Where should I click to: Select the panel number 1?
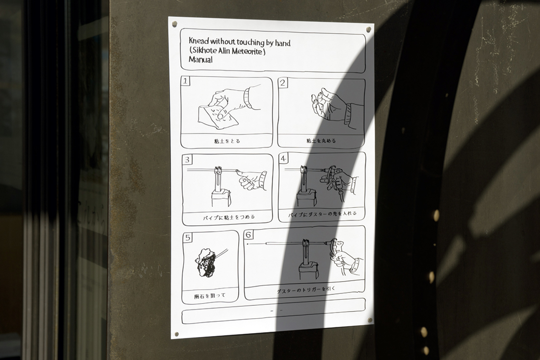click(x=185, y=81)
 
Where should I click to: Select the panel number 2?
click(x=283, y=83)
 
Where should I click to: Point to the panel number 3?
click(x=187, y=160)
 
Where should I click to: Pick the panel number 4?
click(x=283, y=159)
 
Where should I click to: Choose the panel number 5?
click(x=188, y=238)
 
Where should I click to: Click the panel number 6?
click(x=249, y=235)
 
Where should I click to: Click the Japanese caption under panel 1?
click(x=227, y=141)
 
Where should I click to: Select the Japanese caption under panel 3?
click(x=229, y=217)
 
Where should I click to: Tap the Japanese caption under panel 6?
click(x=306, y=290)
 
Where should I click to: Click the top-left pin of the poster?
click(x=174, y=24)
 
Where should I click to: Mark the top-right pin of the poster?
click(x=368, y=29)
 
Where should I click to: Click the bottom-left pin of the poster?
click(x=177, y=334)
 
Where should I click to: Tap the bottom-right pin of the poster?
click(x=370, y=320)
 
